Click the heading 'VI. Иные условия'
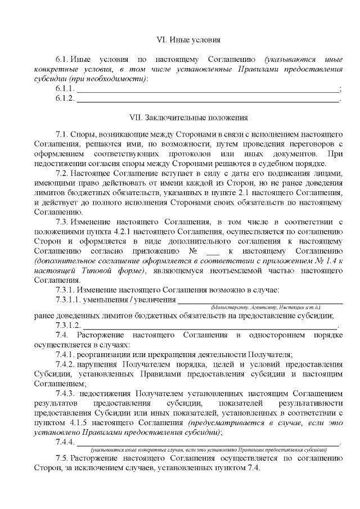click(x=188, y=40)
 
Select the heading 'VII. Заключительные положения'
click(x=188, y=118)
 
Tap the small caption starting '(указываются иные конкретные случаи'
click(x=208, y=450)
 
